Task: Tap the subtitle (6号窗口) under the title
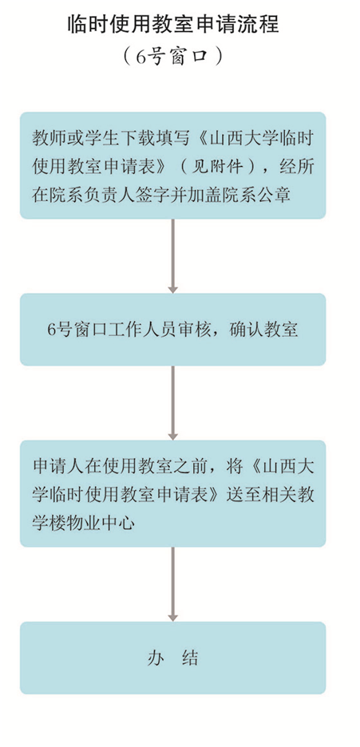coord(172,56)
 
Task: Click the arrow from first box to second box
coord(173,256)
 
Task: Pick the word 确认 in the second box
coord(243,330)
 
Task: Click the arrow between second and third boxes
coord(173,403)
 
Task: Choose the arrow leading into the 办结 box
coord(173,584)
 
